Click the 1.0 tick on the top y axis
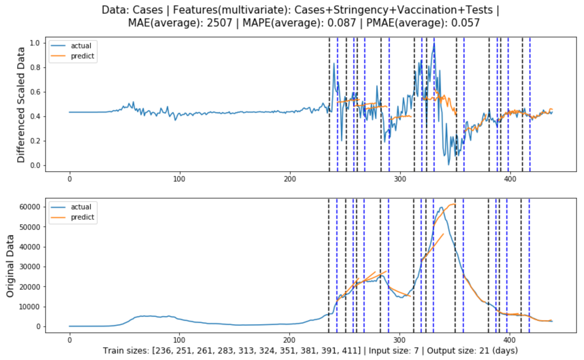[x=35, y=43]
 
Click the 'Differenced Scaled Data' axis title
[x=21, y=105]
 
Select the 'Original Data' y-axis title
[x=10, y=266]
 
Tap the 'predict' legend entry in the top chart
[x=82, y=56]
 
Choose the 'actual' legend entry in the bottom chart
[x=81, y=207]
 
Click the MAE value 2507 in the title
[x=219, y=23]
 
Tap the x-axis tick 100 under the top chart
[x=179, y=179]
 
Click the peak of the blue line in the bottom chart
[x=441, y=207]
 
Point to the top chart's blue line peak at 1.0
[x=434, y=44]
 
